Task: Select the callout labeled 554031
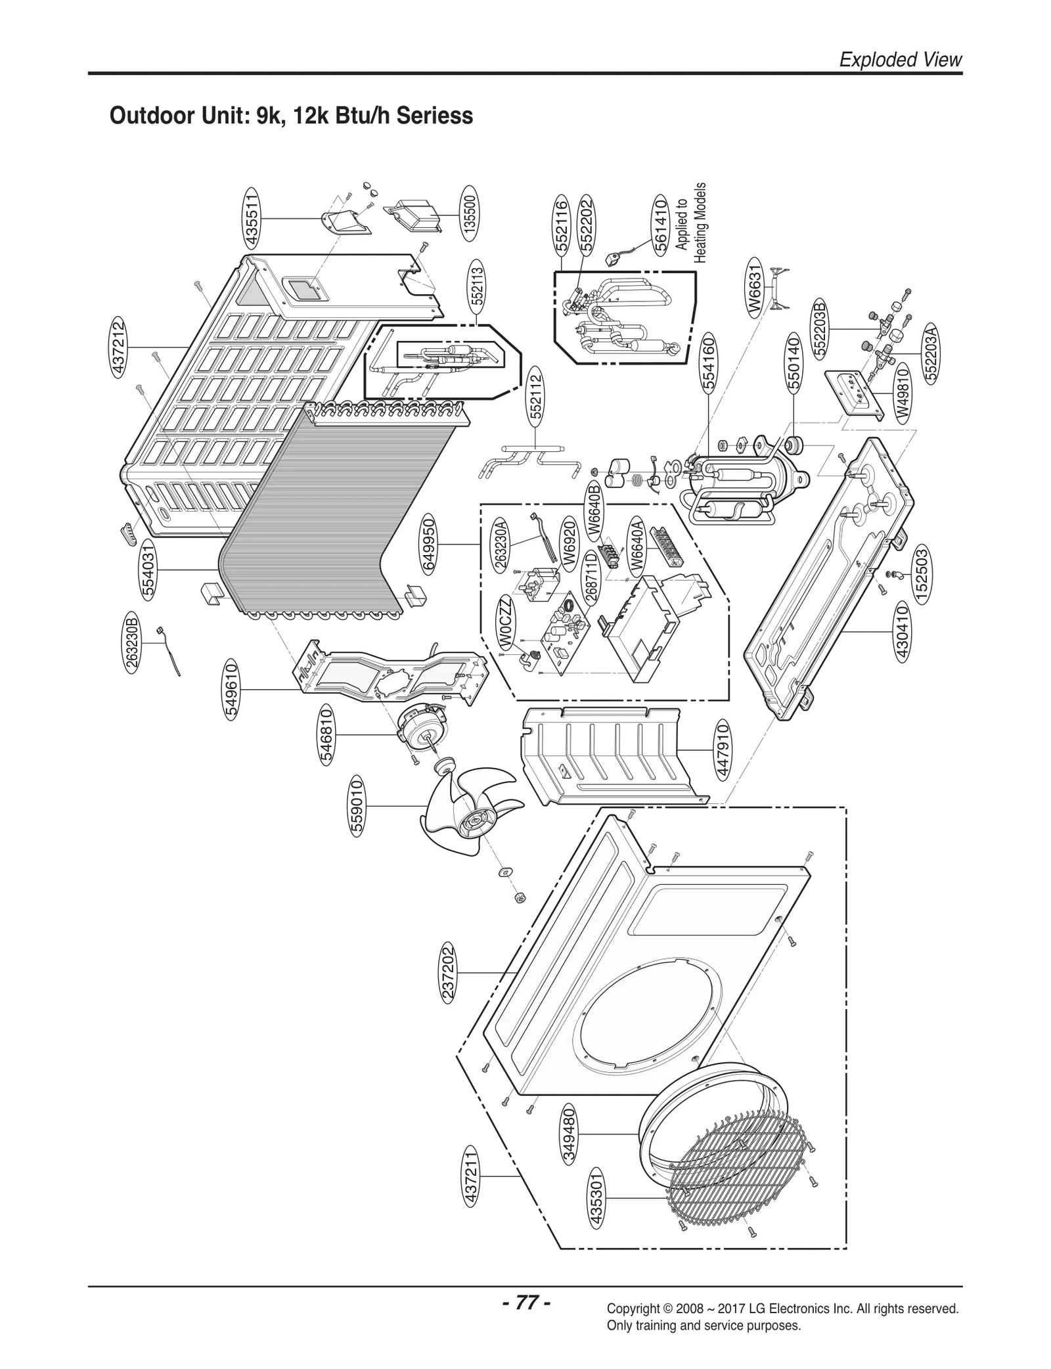[150, 568]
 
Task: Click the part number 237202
[449, 972]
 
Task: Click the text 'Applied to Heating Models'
[691, 223]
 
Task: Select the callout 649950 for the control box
[429, 544]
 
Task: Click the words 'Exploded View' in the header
[901, 60]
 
